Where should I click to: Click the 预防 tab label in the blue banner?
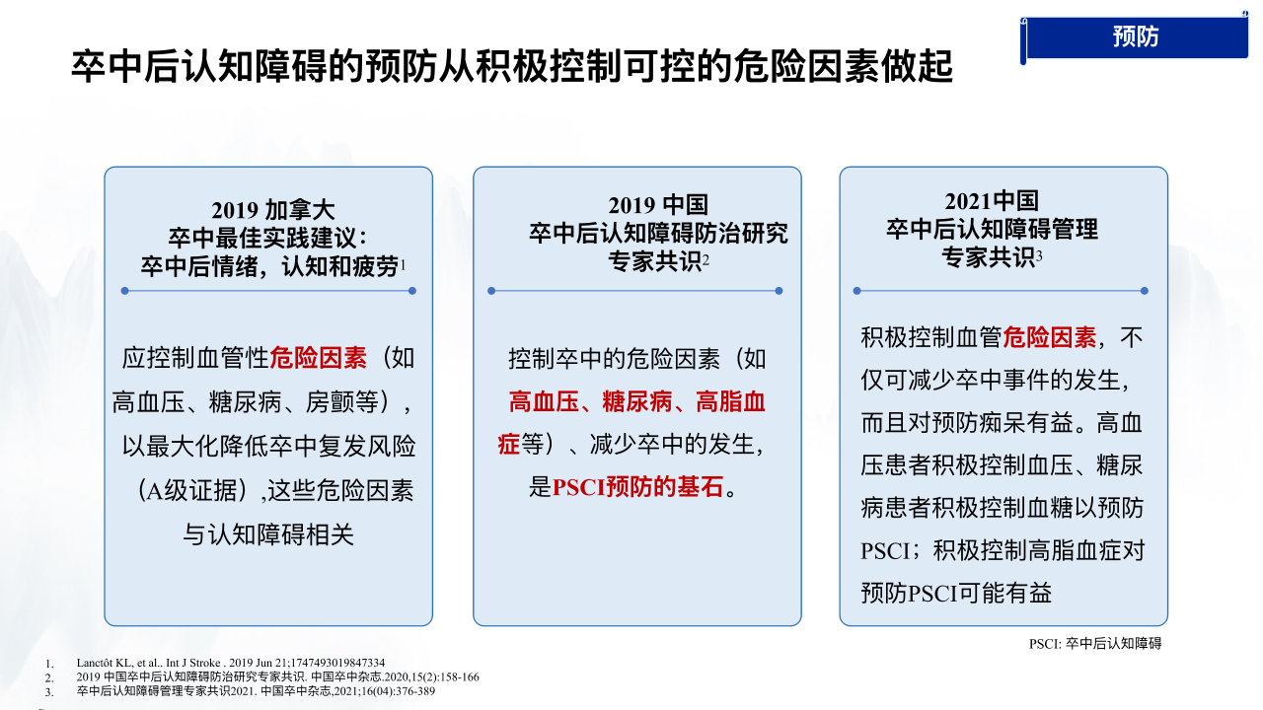(1135, 36)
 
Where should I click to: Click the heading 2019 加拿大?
(273, 210)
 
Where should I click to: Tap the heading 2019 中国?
(658, 205)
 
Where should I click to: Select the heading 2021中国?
(992, 200)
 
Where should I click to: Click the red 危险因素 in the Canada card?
(318, 358)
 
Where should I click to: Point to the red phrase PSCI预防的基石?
(637, 487)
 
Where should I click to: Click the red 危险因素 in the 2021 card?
(1049, 337)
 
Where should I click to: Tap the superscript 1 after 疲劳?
(403, 263)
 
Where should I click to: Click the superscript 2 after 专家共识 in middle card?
(706, 259)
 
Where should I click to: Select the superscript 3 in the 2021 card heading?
(1039, 255)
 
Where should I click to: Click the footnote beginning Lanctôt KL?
(231, 663)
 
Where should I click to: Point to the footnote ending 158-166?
(278, 676)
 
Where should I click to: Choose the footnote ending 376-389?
(256, 691)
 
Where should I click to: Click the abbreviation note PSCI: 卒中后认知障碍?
(1095, 644)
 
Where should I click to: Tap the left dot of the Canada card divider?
(124, 291)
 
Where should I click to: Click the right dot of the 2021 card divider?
(1144, 291)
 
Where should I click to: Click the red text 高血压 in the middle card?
(544, 402)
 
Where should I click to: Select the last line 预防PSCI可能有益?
(956, 593)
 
